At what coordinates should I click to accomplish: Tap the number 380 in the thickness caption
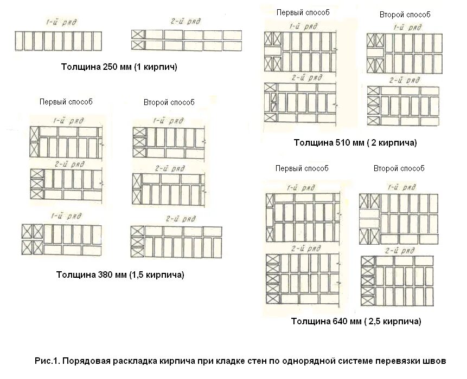(x=105, y=275)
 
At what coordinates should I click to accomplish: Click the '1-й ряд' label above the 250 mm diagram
(x=57, y=22)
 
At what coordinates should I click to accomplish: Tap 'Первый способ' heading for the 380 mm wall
(x=66, y=102)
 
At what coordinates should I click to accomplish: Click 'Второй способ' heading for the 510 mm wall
(x=405, y=15)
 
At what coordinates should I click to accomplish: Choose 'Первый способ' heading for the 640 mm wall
(x=302, y=168)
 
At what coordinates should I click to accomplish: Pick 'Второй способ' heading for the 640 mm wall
(x=399, y=168)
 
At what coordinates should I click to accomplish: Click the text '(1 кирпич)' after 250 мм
(x=155, y=68)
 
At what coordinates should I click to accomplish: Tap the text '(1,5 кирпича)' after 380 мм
(x=157, y=275)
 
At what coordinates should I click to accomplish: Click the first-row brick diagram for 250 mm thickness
(x=58, y=41)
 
